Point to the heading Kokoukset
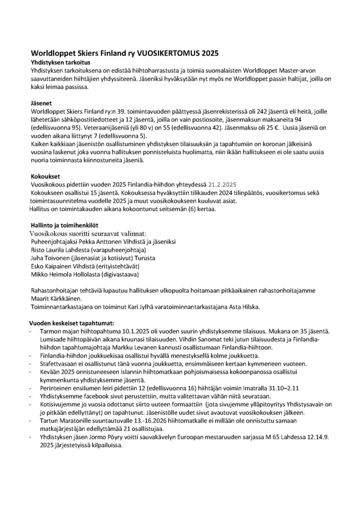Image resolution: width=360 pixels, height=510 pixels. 46,176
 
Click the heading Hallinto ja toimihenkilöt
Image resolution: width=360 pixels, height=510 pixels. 68,225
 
